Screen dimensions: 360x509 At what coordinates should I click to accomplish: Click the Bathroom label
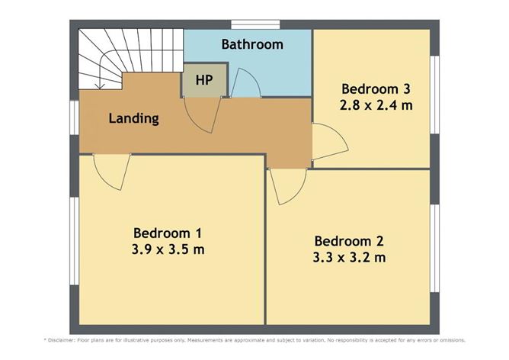[x=252, y=44]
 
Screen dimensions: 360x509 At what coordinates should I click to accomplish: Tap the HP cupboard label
[x=204, y=80]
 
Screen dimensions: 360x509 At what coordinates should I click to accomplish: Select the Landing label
[x=133, y=118]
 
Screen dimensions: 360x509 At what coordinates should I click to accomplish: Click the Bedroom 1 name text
[x=167, y=233]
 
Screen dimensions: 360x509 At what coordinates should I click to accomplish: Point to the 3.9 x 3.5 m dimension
[x=167, y=249]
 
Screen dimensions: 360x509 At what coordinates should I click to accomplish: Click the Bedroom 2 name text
[x=348, y=241]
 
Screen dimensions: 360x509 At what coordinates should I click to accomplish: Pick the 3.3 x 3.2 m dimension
[x=348, y=257]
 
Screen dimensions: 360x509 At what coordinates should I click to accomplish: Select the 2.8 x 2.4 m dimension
[x=376, y=104]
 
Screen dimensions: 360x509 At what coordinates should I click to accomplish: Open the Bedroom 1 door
[x=111, y=172]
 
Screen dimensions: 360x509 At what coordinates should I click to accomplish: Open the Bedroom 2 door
[x=288, y=185]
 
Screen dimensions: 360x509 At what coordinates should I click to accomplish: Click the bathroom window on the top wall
[x=254, y=24]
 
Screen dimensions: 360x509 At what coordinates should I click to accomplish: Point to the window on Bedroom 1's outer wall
[x=74, y=244]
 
